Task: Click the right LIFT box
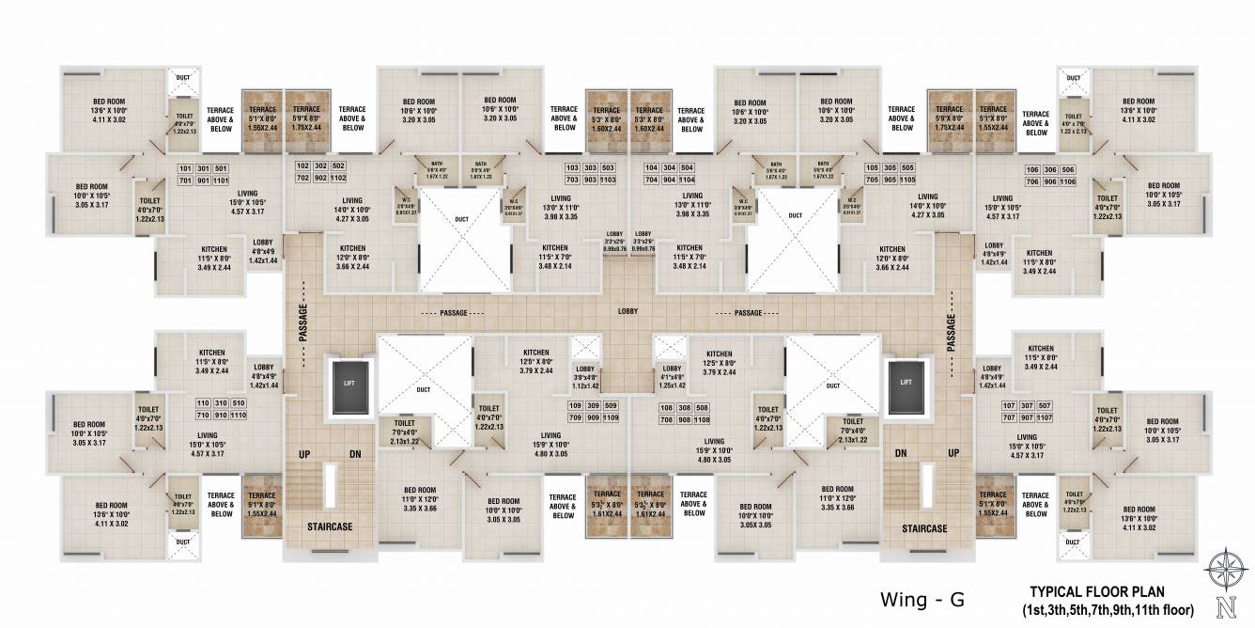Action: [x=906, y=383]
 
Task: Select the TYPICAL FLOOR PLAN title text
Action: [x=1097, y=592]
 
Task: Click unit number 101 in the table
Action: [x=185, y=168]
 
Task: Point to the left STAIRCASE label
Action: [x=330, y=527]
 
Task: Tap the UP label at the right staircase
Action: [x=953, y=453]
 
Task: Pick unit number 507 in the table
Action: [x=1046, y=404]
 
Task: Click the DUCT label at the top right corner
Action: [x=1073, y=78]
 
